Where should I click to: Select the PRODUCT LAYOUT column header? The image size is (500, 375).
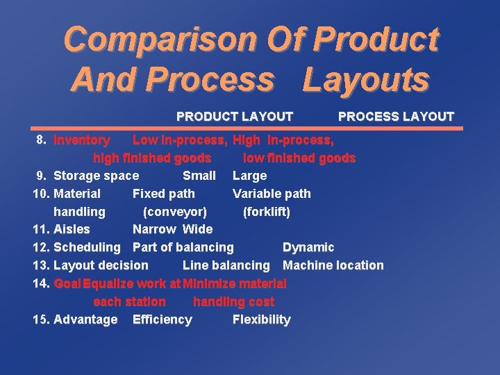[x=235, y=116]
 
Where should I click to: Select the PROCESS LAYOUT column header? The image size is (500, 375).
[x=395, y=116]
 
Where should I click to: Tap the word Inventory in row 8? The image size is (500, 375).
[x=81, y=140]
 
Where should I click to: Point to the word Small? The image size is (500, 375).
[x=199, y=176]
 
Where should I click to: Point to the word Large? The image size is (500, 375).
[x=249, y=176]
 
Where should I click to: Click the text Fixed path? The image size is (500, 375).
[x=163, y=194]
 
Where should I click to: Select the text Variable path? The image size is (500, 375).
[x=272, y=194]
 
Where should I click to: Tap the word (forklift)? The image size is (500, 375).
[x=266, y=211]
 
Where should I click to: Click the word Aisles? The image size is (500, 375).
[x=72, y=229]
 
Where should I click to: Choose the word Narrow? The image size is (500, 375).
[x=154, y=229]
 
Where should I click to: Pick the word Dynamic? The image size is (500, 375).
[x=308, y=247]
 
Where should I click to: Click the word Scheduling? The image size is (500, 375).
[x=87, y=247]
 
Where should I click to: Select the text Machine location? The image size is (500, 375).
[x=333, y=265]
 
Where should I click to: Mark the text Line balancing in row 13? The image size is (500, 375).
[x=226, y=265]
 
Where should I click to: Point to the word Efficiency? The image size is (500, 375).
[x=162, y=319]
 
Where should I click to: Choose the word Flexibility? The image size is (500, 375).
[x=261, y=319]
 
